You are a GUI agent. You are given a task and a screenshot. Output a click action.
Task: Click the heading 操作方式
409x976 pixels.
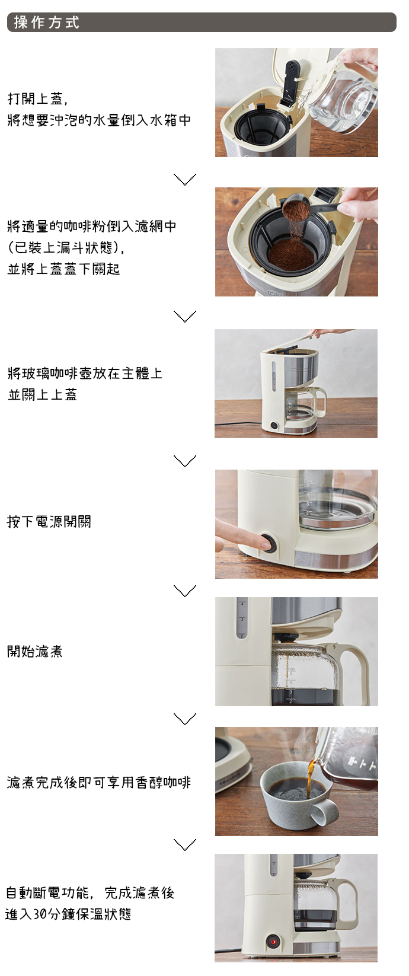click(x=47, y=22)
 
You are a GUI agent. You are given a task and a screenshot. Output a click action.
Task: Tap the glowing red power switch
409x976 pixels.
click(x=273, y=942)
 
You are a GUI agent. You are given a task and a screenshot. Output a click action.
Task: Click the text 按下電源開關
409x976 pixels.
click(x=49, y=522)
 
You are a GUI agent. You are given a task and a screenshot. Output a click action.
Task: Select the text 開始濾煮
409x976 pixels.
click(x=35, y=652)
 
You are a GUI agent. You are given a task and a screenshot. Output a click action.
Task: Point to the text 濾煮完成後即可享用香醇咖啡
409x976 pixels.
click(x=99, y=783)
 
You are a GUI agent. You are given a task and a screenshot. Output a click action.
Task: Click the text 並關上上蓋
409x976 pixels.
click(x=43, y=395)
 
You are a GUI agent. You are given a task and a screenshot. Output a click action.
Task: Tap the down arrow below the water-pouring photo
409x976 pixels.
click(x=185, y=179)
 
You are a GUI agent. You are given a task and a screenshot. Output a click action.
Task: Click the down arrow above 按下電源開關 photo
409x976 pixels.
click(x=185, y=461)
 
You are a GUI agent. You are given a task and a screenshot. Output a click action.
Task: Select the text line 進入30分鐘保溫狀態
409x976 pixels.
click(x=68, y=914)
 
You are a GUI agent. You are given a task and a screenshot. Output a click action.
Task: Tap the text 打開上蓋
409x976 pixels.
click(x=36, y=99)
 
